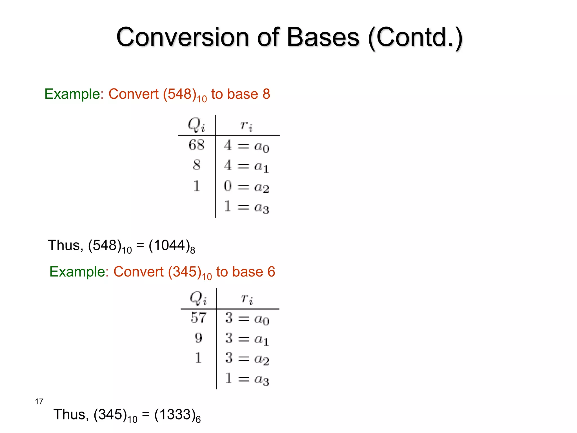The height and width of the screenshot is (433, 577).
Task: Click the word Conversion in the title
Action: click(x=183, y=37)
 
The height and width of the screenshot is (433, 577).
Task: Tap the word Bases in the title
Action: click(x=323, y=37)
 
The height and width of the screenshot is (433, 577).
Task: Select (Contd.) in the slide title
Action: click(x=415, y=38)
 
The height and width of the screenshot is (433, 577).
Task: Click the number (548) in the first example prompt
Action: click(x=180, y=94)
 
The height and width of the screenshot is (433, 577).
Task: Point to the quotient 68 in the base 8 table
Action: click(x=196, y=145)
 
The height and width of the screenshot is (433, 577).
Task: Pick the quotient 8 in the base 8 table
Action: click(x=197, y=165)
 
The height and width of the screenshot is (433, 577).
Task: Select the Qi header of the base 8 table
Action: click(x=196, y=125)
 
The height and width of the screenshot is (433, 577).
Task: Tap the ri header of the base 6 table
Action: click(x=247, y=299)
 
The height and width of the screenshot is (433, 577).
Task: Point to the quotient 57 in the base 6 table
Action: click(x=198, y=318)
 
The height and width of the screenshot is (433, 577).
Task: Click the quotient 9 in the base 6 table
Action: click(x=198, y=338)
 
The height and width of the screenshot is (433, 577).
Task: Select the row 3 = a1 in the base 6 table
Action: click(x=247, y=339)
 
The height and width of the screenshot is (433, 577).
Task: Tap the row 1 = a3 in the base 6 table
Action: click(x=247, y=379)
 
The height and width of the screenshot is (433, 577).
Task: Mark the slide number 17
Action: click(x=39, y=401)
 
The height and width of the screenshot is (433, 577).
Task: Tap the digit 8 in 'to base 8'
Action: click(x=266, y=94)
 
